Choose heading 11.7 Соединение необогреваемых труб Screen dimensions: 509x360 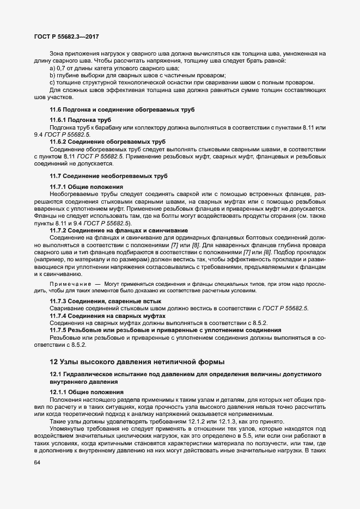[x=109, y=176]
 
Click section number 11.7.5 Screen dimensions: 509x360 [x=58, y=330]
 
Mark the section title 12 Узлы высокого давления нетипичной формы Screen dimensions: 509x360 [x=136, y=361]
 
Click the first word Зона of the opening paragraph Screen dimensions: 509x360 [x=58, y=54]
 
